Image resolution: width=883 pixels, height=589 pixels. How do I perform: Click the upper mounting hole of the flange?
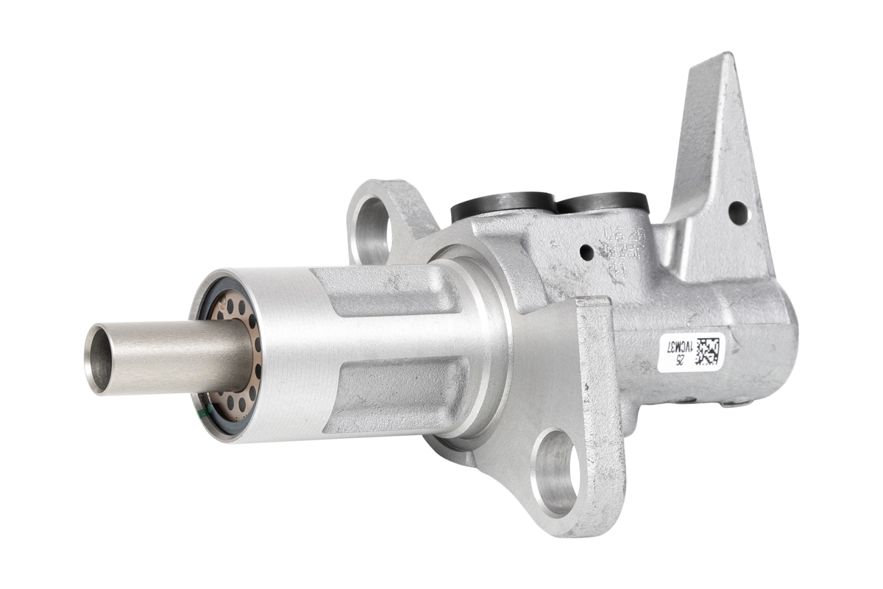pos(373,224)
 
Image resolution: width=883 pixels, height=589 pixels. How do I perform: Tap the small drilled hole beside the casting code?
pos(586,253)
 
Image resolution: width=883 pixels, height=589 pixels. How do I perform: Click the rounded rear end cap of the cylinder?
pos(780,339)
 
